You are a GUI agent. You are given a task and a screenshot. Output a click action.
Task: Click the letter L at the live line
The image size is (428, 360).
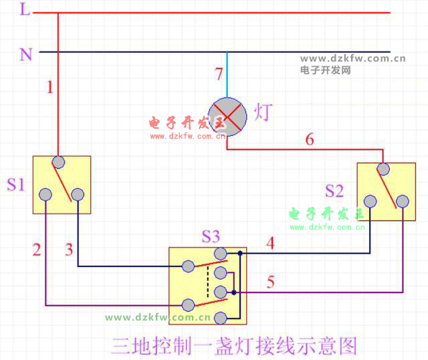(x=25, y=10)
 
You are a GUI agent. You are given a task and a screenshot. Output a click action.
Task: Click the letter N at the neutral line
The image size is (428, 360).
(x=26, y=54)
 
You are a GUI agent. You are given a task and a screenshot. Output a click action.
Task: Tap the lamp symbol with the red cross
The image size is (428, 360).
(x=227, y=116)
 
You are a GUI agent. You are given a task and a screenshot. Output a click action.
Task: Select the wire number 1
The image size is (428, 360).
(x=49, y=86)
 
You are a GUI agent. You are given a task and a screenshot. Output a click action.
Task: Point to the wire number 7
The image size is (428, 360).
(x=219, y=74)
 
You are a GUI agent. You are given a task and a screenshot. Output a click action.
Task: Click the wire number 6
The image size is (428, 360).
(x=309, y=140)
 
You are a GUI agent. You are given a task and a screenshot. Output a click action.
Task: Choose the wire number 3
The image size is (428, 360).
(x=69, y=250)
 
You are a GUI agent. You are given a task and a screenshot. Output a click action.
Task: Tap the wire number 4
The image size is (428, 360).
(x=270, y=244)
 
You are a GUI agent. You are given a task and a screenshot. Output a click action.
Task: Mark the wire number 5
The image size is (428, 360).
(x=270, y=282)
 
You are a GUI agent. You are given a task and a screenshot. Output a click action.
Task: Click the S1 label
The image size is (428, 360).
(x=15, y=184)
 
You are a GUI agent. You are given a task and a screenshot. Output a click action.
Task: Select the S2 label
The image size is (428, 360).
(x=334, y=191)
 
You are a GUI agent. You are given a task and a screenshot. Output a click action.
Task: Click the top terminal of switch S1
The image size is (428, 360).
(x=58, y=162)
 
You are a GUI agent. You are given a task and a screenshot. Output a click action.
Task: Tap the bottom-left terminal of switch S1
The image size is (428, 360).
(x=45, y=195)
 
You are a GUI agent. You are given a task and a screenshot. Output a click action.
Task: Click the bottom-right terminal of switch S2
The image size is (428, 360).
(x=402, y=201)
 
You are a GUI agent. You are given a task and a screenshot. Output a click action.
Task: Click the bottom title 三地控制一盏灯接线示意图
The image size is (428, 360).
(x=234, y=345)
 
